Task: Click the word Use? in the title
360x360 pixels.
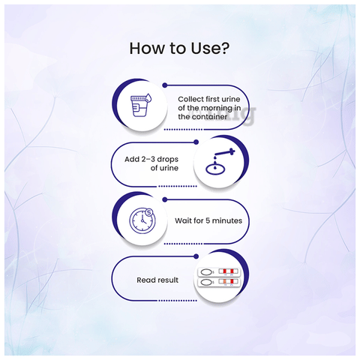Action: point(210,48)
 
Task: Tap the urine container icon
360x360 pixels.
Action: point(139,106)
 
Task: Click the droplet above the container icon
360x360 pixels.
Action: point(148,98)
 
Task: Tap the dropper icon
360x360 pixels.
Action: point(224,152)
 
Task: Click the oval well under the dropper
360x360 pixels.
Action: point(215,169)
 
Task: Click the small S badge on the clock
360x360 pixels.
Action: point(149,212)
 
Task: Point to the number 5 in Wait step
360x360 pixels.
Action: point(208,220)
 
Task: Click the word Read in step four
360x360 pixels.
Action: point(145,280)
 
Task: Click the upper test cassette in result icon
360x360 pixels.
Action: point(218,271)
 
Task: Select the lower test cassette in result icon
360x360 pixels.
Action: point(218,282)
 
